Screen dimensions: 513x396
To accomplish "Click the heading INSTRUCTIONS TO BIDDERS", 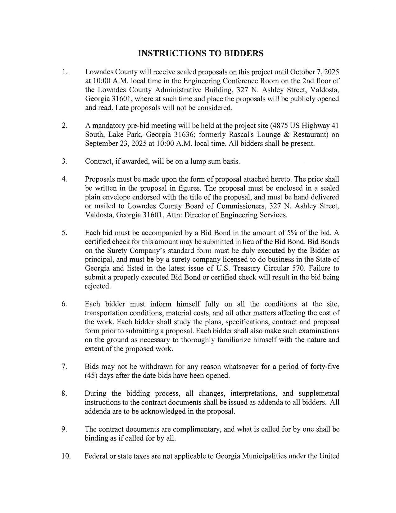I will tap(201, 53).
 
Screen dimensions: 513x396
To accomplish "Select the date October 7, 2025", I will tap(314, 72).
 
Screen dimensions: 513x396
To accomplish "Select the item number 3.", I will tap(64, 161).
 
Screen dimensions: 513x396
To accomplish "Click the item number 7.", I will tap(64, 367).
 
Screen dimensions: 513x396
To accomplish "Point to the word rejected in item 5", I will tap(98, 286).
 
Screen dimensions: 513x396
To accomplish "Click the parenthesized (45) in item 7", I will tap(91, 376).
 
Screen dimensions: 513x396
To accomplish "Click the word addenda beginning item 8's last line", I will tap(97, 411).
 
